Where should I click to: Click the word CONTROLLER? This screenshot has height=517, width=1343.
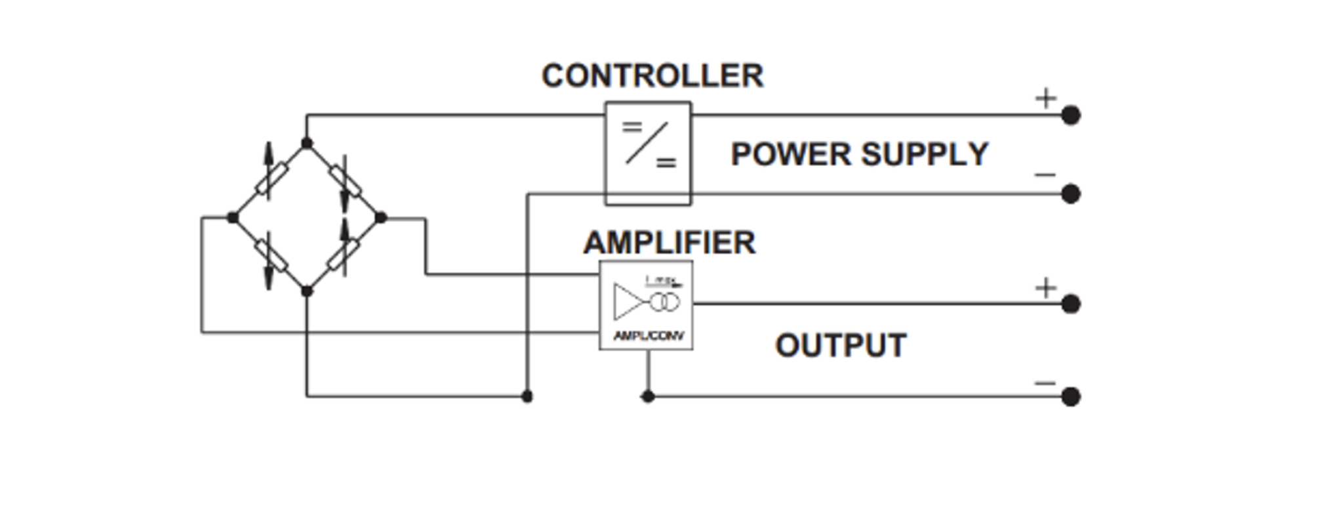coord(652,76)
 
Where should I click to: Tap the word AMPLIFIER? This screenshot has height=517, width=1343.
coord(669,243)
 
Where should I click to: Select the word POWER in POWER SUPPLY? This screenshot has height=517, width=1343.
coord(790,155)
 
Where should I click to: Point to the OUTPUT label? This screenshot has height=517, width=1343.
coord(841,346)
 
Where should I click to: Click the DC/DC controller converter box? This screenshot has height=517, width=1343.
coord(648,154)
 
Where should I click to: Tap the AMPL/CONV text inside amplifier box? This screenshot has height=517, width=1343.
coord(648,336)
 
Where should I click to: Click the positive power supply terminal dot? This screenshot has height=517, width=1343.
coord(1070,115)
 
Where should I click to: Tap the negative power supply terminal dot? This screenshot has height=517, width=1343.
coord(1070,194)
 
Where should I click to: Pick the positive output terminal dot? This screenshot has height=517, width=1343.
coord(1070,304)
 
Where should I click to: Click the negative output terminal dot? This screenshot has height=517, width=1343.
coord(1070,396)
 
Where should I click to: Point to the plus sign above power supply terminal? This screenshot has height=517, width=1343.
coord(1045,98)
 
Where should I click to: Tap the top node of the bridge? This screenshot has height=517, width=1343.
coord(306,143)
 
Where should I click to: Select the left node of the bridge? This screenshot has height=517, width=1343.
coord(232,217)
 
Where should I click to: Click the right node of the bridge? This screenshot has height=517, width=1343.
coord(380,217)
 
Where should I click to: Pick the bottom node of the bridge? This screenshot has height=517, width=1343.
coord(306,291)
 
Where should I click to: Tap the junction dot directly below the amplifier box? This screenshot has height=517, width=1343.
coord(648,396)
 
